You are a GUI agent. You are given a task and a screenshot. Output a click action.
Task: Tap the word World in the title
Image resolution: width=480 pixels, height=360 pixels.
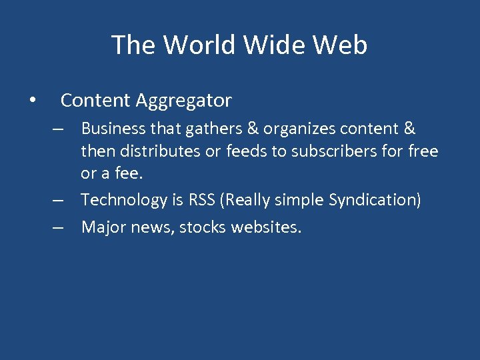pyautogui.click(x=199, y=45)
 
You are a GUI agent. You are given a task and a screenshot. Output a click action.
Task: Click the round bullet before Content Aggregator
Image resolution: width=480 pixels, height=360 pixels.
pyautogui.click(x=31, y=101)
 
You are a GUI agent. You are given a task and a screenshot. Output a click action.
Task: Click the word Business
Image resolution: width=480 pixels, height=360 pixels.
pyautogui.click(x=111, y=129)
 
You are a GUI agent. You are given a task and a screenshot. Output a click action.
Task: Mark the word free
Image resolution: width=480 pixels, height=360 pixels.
pyautogui.click(x=423, y=151)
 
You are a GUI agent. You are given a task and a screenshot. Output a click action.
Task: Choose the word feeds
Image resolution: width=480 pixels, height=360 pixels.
pyautogui.click(x=247, y=151)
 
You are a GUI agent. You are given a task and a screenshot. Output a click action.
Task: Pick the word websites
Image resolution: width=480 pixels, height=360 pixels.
pyautogui.click(x=266, y=227)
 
